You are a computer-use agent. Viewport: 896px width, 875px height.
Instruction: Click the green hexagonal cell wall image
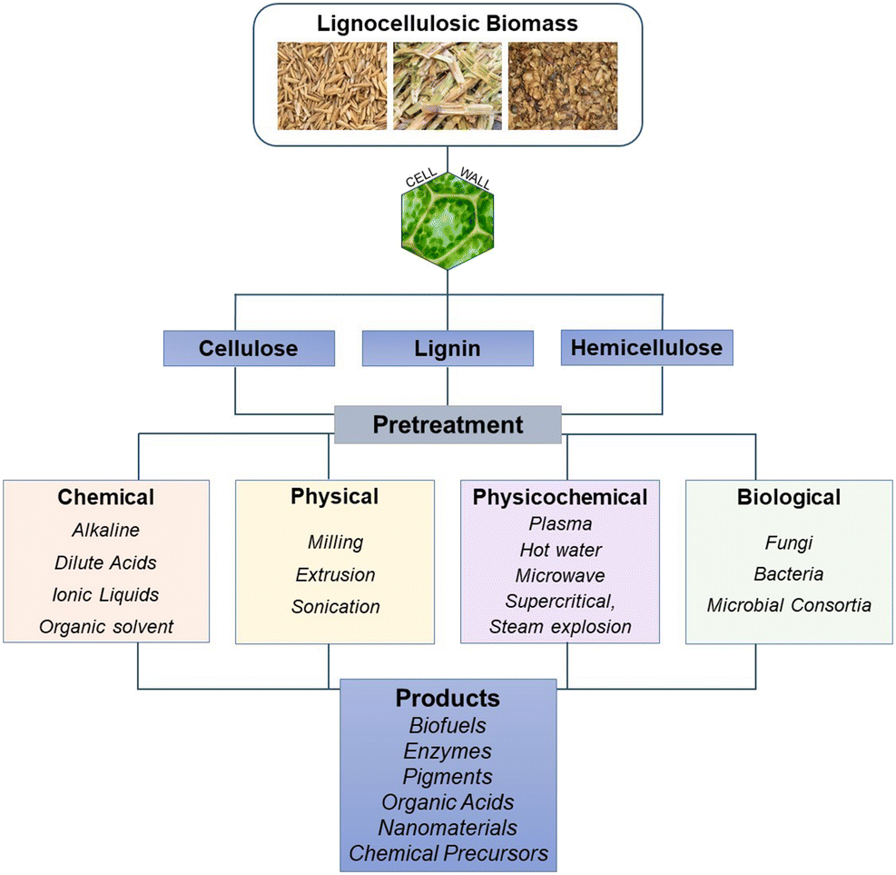click(x=447, y=218)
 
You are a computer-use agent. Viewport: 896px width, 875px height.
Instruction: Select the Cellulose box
click(x=249, y=348)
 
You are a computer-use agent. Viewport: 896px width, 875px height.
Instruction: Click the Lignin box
click(x=447, y=349)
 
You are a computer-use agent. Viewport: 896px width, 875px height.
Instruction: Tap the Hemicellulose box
click(x=645, y=347)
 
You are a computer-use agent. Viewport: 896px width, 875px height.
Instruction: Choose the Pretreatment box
click(x=447, y=424)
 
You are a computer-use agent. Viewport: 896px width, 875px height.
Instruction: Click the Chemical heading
click(x=106, y=497)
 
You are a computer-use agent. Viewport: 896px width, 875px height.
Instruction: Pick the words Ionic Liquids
click(x=106, y=594)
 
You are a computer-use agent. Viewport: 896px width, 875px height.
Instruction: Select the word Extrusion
click(x=335, y=574)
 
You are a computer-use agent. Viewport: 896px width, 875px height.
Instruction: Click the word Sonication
click(x=335, y=606)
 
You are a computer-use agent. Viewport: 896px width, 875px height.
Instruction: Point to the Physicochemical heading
click(x=560, y=497)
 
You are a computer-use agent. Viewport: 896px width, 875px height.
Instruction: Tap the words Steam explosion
click(x=560, y=626)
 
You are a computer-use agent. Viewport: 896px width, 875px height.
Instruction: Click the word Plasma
click(x=560, y=523)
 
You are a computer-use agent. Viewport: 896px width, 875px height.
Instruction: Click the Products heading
click(x=448, y=698)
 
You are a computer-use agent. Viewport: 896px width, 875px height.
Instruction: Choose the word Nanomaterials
click(x=448, y=828)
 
